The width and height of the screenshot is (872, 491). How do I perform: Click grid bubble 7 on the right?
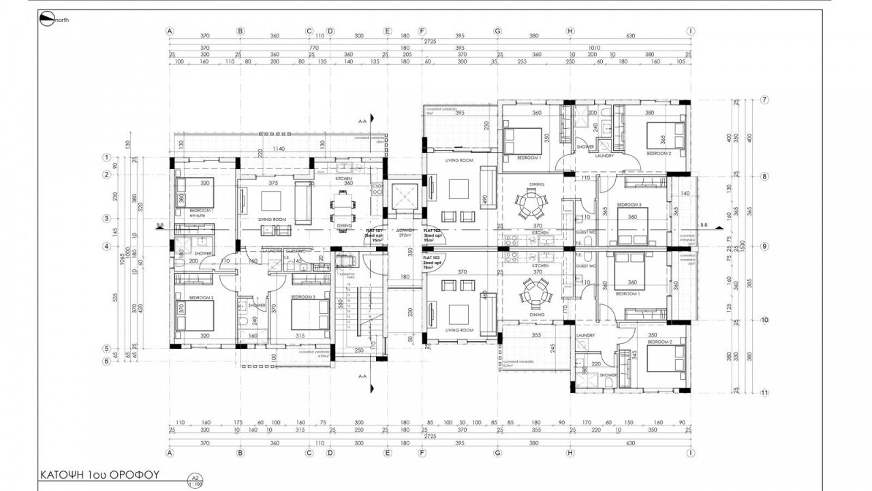tap(764, 100)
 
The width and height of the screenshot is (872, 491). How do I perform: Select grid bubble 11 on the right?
tap(764, 393)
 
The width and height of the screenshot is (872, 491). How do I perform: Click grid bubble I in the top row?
tap(691, 31)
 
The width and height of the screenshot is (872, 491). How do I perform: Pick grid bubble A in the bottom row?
tap(170, 452)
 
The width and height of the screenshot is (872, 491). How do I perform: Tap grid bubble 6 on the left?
tap(106, 361)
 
